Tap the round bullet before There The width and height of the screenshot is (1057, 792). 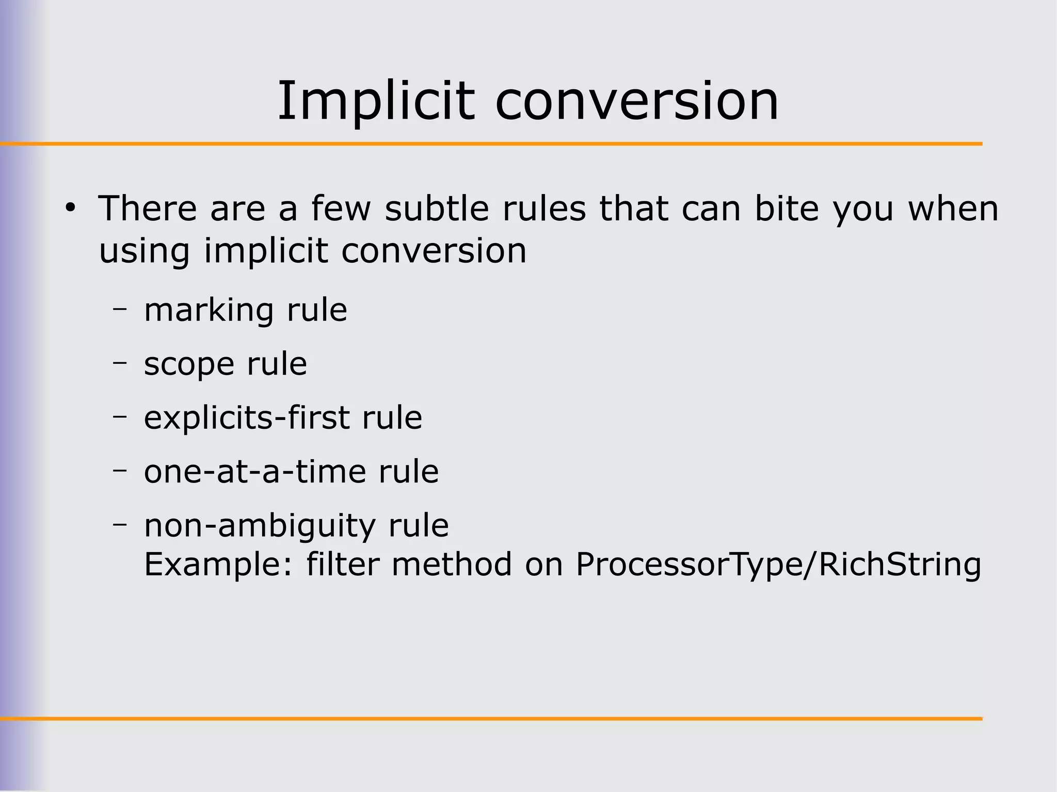[70, 208]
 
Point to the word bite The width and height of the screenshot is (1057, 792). [787, 208]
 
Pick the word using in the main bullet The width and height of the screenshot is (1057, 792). [144, 251]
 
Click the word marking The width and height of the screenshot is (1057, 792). [209, 310]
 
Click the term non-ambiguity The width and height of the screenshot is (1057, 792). [260, 526]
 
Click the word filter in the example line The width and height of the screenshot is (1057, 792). [343, 564]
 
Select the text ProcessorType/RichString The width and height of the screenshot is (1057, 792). [778, 564]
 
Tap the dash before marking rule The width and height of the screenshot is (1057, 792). [120, 310]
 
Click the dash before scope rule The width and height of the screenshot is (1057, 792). [120, 363]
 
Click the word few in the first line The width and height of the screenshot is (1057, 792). [341, 208]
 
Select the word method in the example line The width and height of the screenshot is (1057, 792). [452, 564]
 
